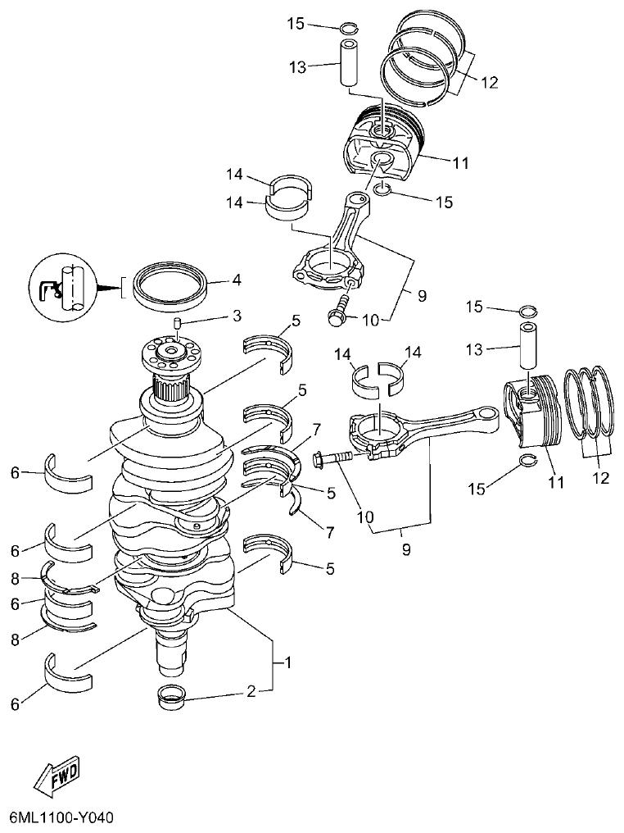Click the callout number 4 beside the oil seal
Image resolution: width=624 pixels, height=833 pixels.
236,280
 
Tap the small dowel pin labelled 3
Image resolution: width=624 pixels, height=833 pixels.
178,328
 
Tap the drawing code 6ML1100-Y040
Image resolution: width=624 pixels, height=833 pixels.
61,817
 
